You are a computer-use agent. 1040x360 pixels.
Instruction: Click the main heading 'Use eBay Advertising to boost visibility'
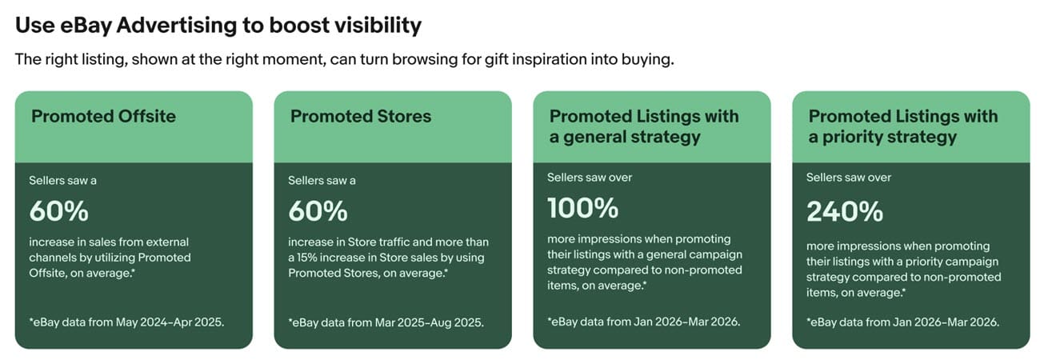click(218, 26)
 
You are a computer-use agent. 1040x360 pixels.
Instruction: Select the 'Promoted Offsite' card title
click(103, 116)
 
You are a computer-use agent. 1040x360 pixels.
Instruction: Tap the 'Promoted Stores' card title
click(361, 116)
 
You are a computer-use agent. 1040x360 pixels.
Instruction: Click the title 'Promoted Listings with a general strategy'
click(644, 126)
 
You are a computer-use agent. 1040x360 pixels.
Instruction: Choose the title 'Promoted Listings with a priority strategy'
click(903, 126)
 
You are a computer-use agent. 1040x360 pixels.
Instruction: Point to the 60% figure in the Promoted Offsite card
click(59, 211)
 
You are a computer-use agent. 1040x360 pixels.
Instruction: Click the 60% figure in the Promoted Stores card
click(318, 211)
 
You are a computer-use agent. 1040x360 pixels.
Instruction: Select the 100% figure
click(583, 208)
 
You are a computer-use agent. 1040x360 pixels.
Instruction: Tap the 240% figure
click(845, 211)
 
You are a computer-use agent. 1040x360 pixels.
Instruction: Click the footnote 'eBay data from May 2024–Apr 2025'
click(126, 322)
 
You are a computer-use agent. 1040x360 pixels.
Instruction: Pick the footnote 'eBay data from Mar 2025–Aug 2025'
click(386, 322)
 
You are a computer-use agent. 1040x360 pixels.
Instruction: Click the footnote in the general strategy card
click(643, 322)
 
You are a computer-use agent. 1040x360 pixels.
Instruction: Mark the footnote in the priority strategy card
click(902, 322)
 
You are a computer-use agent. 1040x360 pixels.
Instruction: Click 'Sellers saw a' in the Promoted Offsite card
click(62, 180)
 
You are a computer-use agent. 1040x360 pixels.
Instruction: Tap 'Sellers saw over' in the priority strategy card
click(849, 178)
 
